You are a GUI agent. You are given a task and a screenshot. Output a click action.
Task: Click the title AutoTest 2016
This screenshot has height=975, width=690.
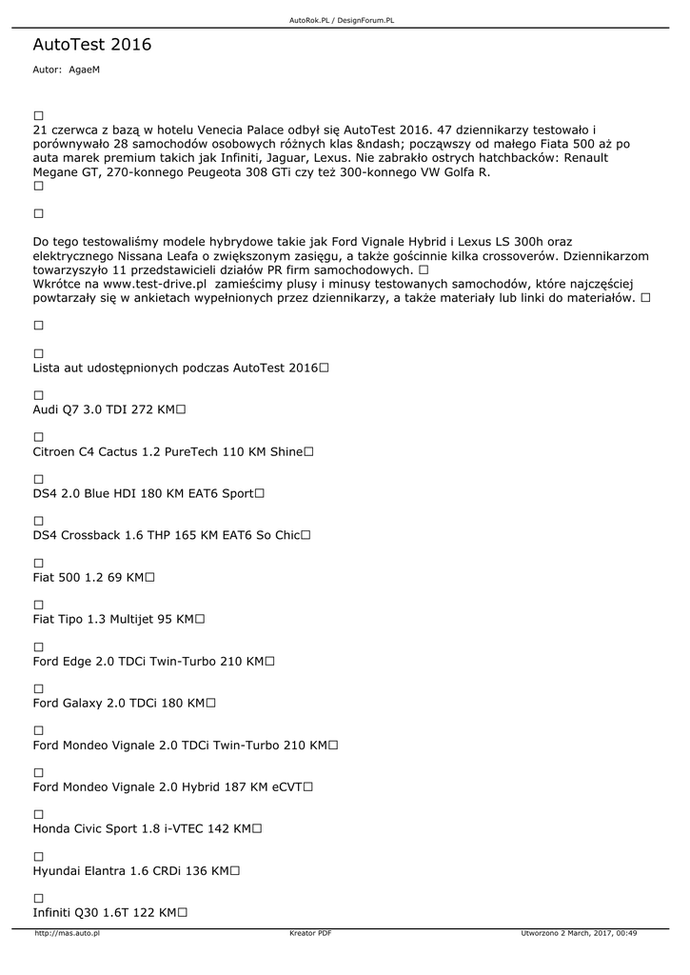coord(91,45)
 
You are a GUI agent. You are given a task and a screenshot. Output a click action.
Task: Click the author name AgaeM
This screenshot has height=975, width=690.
coord(84,70)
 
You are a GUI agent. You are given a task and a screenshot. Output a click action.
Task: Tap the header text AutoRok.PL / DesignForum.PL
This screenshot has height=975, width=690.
coord(345,20)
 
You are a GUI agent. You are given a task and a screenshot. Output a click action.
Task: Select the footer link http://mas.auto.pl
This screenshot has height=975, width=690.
coord(67,934)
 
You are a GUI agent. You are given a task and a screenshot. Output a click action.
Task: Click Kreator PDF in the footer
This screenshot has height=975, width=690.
coord(310,934)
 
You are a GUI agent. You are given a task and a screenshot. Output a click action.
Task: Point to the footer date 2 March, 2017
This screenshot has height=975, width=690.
coord(591,934)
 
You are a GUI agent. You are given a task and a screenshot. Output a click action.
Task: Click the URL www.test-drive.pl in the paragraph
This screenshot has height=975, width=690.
coord(155,284)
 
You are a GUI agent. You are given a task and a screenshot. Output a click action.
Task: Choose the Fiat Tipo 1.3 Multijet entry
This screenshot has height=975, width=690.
coord(113,619)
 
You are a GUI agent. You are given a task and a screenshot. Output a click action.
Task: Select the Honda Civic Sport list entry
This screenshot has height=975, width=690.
coord(142,828)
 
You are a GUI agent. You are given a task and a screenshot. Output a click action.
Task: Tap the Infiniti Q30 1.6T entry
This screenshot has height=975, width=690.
coord(104,912)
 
